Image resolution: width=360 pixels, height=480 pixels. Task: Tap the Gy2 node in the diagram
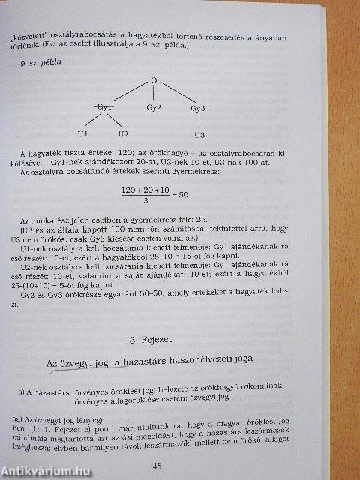[x=154, y=108]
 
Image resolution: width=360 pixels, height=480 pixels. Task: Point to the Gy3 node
[x=198, y=109]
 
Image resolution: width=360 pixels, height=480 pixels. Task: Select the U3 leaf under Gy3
[x=199, y=136]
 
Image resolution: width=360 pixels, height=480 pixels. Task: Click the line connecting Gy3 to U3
[x=199, y=122]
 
